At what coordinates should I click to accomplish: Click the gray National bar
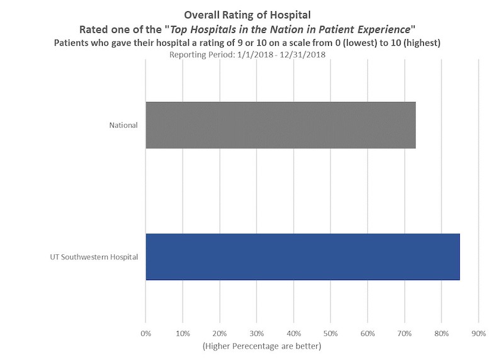click(280, 125)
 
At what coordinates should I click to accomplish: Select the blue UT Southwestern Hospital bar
click(302, 256)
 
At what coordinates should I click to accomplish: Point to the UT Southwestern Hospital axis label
click(94, 257)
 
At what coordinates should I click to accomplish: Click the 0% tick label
click(145, 334)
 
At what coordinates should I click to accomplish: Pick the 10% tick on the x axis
click(183, 334)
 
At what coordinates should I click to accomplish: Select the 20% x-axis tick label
click(220, 334)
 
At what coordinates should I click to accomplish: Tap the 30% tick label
click(256, 334)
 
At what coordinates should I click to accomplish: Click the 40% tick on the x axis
click(293, 334)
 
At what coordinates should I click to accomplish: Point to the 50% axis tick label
click(331, 334)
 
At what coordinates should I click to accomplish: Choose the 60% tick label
click(368, 334)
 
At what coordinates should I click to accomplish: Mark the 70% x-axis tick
click(404, 334)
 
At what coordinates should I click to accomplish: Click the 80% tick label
click(441, 334)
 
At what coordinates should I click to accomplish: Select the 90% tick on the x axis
click(479, 334)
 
